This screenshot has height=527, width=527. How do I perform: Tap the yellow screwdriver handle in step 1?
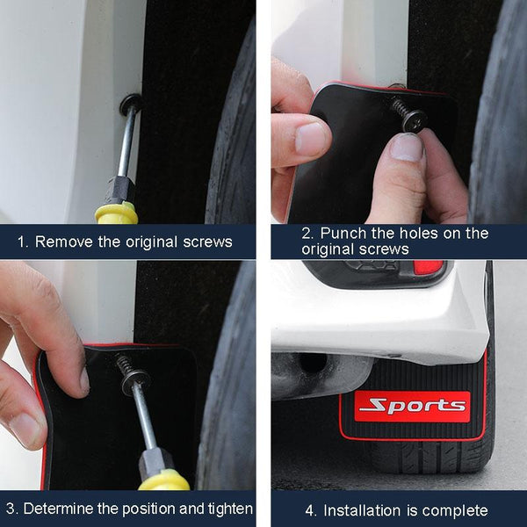(117, 213)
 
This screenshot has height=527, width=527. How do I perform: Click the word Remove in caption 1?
(63, 242)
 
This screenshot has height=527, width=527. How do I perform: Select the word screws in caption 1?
(209, 242)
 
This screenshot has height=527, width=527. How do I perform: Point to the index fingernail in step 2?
(311, 138)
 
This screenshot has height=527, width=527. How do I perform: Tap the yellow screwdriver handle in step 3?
(163, 480)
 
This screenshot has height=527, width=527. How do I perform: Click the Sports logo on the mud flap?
(412, 406)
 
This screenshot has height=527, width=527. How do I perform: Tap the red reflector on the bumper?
(428, 268)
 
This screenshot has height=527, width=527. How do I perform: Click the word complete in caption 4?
(458, 510)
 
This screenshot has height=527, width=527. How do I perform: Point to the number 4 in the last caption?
(309, 510)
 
